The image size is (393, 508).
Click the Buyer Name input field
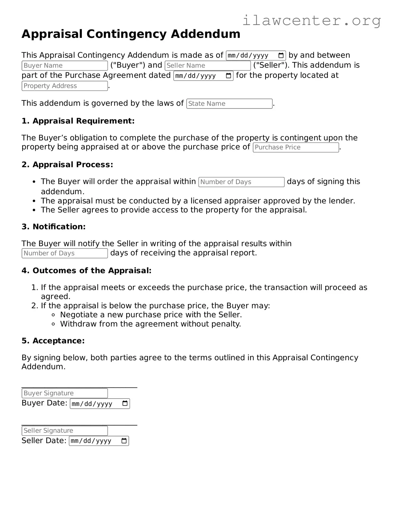tap(65, 66)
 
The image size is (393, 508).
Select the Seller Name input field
tap(208, 66)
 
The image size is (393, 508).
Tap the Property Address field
tap(65, 86)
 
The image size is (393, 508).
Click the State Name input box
tap(229, 104)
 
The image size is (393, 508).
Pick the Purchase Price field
tap(296, 147)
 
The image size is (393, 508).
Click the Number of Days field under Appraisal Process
tap(241, 182)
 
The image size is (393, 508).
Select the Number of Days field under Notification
tap(65, 253)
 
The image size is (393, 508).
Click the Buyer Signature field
tap(65, 393)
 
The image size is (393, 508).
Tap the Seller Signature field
tap(65, 431)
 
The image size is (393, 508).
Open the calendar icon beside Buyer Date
tap(125, 403)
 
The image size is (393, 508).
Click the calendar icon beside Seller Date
tap(124, 441)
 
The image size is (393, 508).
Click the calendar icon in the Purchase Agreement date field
tap(229, 76)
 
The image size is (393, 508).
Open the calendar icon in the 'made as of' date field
tap(281, 55)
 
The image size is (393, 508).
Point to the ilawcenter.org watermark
tap(311, 21)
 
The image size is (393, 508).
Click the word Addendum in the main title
tap(206, 34)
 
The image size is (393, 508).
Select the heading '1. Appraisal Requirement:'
tap(78, 121)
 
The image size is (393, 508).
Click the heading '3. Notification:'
tap(53, 227)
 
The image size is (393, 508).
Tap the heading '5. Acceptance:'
tap(53, 341)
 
